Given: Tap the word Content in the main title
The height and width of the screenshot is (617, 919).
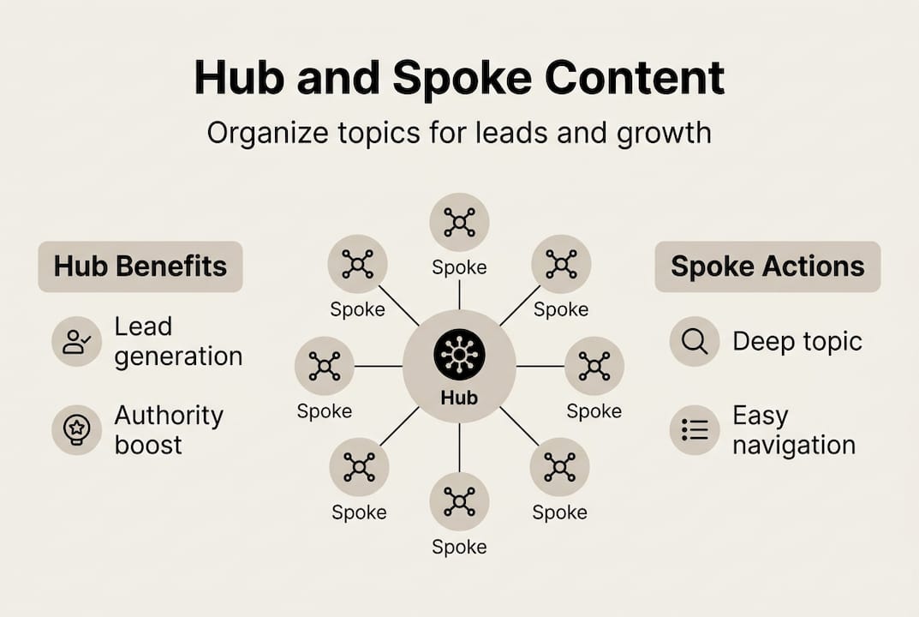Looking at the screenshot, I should tap(635, 78).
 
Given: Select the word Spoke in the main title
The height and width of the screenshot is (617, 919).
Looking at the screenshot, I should tap(463, 78).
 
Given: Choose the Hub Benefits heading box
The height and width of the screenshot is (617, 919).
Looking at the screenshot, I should tap(140, 267).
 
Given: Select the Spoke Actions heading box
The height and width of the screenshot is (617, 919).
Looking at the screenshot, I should tap(767, 267).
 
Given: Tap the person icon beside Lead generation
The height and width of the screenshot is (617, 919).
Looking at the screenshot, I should tap(77, 341).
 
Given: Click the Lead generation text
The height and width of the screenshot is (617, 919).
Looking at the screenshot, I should tap(178, 341).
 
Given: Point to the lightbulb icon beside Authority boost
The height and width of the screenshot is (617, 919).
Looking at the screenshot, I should tap(77, 429).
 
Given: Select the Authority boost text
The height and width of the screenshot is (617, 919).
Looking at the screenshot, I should tap(169, 430).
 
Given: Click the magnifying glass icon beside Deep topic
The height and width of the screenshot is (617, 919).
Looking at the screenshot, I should tap(695, 341).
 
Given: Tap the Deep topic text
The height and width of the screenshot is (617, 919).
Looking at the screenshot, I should tap(797, 341).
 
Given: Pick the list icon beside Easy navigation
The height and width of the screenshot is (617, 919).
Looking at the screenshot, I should tap(695, 429).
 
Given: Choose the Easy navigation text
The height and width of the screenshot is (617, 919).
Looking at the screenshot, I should tap(793, 430).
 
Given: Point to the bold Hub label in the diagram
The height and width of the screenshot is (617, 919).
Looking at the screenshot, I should tap(459, 398).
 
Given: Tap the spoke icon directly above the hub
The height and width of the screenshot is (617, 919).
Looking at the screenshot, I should tap(459, 222).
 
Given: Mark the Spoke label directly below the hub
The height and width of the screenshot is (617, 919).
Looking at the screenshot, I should tap(459, 547).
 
